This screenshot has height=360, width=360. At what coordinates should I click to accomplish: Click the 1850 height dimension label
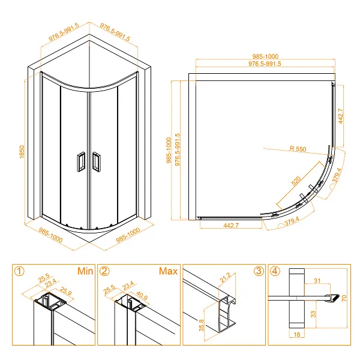[21, 152]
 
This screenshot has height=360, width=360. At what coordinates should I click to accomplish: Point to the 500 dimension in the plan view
[295, 182]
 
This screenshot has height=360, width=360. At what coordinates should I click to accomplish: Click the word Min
[84, 271]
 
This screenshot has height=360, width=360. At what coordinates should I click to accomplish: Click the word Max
[168, 271]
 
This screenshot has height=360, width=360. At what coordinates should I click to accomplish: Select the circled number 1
[20, 271]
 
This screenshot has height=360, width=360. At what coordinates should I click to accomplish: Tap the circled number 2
[105, 271]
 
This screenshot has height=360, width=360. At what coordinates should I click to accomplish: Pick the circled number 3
[259, 271]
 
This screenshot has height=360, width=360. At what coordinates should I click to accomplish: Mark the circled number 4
[274, 271]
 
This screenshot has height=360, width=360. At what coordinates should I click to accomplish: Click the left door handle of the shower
[79, 161]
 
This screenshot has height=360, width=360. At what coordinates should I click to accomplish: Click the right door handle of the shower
[96, 161]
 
